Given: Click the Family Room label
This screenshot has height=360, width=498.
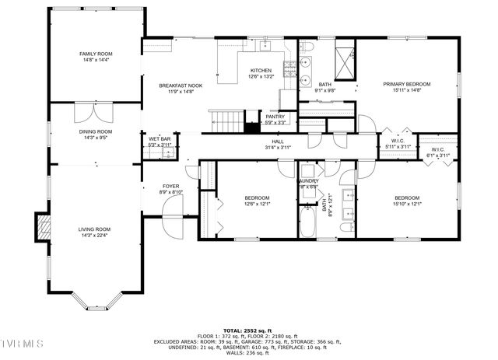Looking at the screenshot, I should click(x=96, y=54).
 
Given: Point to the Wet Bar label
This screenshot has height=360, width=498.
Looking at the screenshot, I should click(x=159, y=139).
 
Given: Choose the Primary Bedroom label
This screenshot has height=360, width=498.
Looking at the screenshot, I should click(x=406, y=84).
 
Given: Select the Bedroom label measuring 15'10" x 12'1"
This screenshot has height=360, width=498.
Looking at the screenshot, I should click(x=406, y=197).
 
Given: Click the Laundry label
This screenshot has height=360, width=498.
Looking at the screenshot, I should click(x=307, y=181).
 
